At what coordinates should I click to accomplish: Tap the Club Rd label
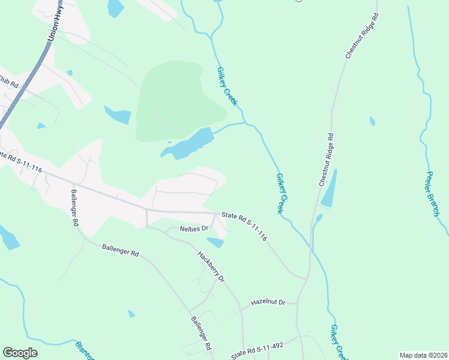[x=8, y=80]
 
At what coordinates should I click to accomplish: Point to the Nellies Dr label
[x=194, y=229]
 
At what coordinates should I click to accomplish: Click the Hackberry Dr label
[x=211, y=267]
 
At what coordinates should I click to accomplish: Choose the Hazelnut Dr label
[x=268, y=302]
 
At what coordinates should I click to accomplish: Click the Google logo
[x=20, y=353]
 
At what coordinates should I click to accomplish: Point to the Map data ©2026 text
[x=423, y=355]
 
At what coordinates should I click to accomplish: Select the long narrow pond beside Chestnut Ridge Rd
[x=329, y=189]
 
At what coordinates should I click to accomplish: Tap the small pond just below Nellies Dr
[x=215, y=242]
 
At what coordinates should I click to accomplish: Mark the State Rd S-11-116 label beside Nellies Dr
[x=244, y=226]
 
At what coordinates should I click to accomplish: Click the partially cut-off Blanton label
[x=85, y=352]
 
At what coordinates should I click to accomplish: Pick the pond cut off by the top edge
[x=115, y=7]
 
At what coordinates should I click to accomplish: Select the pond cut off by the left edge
[x=8, y=238]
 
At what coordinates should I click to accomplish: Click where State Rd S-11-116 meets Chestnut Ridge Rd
[x=308, y=278]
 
